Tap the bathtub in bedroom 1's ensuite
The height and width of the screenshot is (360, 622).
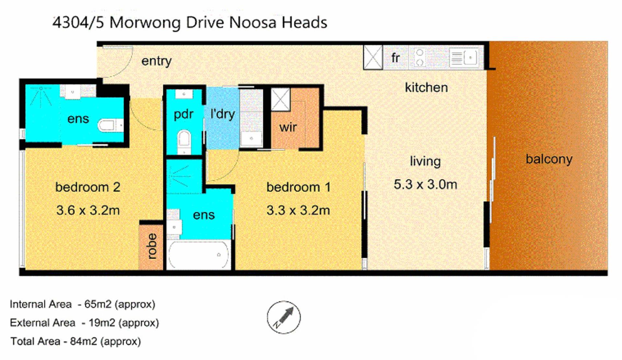coord(199,255)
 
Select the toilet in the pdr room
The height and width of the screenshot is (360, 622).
coord(184,141)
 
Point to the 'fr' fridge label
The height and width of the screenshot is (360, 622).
coord(395,58)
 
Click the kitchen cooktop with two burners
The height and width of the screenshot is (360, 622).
coord(420,57)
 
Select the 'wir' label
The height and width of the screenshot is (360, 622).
coord(288,127)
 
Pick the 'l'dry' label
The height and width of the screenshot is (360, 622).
coord(223,114)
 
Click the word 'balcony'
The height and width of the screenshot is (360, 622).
coord(549,159)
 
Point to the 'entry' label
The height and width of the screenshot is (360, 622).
coord(156,61)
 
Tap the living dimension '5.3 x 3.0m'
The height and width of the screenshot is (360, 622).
coord(425,185)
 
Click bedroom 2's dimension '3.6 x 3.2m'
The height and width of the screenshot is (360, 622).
coord(88,210)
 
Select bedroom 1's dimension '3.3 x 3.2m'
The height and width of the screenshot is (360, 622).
coord(298,210)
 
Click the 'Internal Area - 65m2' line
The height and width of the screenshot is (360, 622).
coord(83,304)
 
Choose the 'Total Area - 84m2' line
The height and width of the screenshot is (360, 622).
coord(75,341)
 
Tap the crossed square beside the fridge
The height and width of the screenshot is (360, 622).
coord(373,57)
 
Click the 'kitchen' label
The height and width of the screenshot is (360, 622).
coord(426,87)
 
